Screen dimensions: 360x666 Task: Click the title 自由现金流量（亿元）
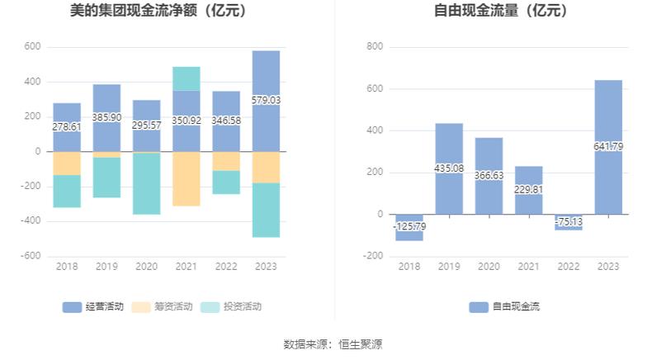point(500,12)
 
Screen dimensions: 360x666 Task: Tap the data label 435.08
point(449,168)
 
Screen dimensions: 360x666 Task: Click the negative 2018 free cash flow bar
point(409,228)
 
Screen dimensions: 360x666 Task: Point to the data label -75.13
point(569,221)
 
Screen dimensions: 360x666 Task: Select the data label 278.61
point(67,127)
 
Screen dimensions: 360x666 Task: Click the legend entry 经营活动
point(93,306)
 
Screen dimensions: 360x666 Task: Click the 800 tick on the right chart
point(376,47)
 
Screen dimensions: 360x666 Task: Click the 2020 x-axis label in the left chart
point(146,266)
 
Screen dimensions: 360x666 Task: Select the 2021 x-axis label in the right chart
point(529,266)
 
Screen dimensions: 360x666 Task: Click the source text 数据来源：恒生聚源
point(333,344)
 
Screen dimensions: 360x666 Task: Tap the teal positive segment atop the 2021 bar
point(187,78)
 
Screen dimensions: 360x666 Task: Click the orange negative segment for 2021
point(187,178)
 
